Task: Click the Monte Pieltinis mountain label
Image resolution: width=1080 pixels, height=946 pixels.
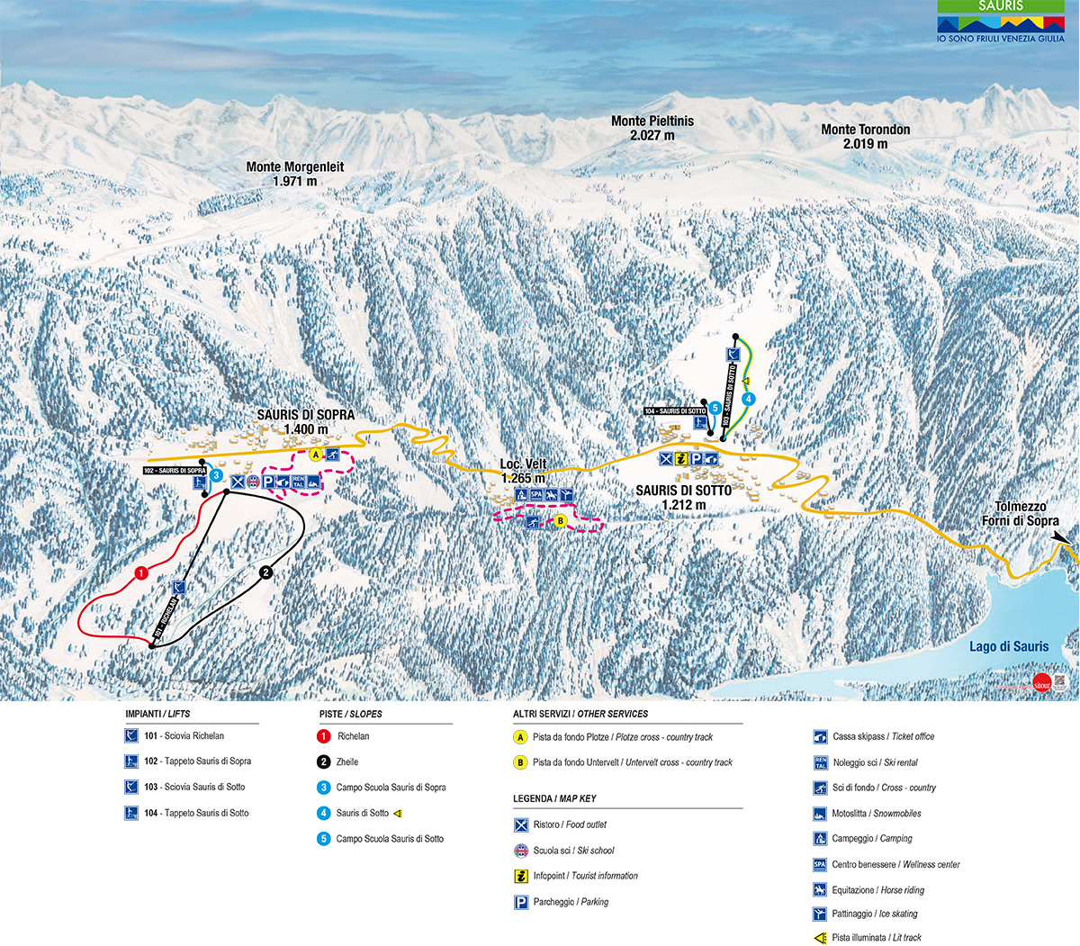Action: tap(652, 128)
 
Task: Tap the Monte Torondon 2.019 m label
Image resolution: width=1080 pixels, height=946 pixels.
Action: tap(865, 137)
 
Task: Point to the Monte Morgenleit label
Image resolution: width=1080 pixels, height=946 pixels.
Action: tap(295, 174)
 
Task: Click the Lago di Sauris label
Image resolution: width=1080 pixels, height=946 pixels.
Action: tap(1009, 646)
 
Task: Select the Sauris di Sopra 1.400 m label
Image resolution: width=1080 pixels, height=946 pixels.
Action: tap(305, 422)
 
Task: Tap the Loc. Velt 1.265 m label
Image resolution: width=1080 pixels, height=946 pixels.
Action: tap(523, 472)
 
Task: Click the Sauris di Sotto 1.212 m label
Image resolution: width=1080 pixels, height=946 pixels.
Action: tap(683, 498)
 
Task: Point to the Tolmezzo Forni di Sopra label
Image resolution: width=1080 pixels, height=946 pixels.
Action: tap(1020, 514)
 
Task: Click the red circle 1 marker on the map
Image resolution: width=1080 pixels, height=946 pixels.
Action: tap(140, 572)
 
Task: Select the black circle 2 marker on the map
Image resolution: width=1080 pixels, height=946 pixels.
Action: tap(265, 572)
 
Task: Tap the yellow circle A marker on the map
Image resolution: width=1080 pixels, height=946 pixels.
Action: tap(316, 455)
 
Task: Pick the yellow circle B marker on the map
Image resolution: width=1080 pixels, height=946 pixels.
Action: tap(559, 520)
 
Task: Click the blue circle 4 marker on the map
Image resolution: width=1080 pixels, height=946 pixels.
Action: tap(749, 399)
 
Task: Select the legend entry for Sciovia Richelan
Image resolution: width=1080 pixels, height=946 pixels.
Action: tap(184, 736)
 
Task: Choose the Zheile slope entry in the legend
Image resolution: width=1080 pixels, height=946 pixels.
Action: tap(346, 761)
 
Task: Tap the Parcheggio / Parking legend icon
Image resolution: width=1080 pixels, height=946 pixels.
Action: tap(521, 902)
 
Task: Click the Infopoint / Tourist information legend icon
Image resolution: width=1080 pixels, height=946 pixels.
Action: tap(521, 876)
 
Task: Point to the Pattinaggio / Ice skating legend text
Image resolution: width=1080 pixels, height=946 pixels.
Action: tap(874, 914)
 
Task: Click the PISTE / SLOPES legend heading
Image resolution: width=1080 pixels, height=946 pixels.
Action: tap(350, 714)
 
